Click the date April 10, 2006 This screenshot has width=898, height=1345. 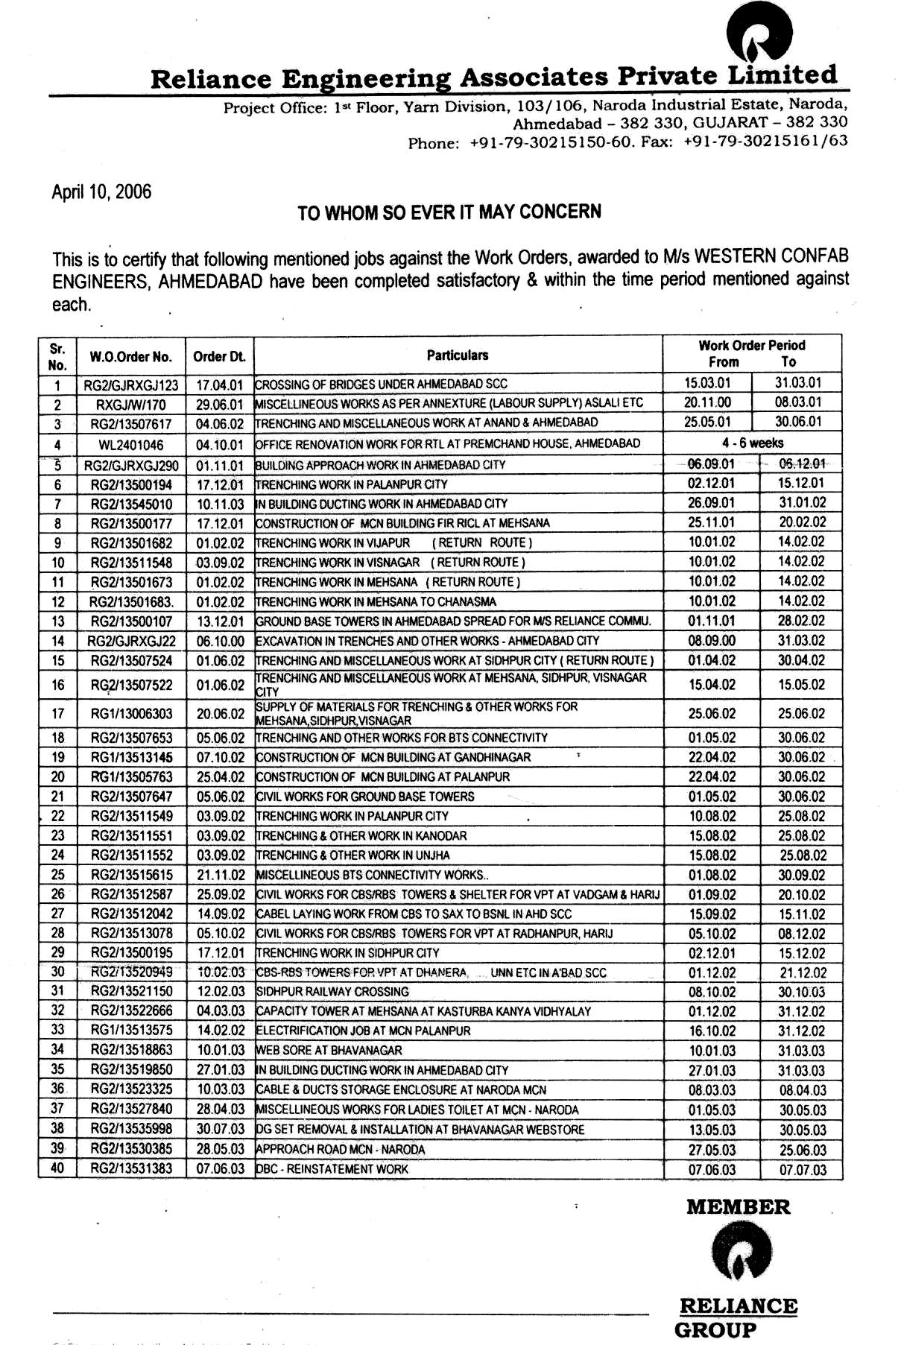pyautogui.click(x=101, y=192)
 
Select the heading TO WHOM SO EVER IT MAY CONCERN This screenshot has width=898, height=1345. pyautogui.click(x=449, y=212)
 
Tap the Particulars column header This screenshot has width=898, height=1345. pyautogui.click(x=458, y=355)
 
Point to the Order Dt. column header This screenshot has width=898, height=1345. pyautogui.click(x=219, y=357)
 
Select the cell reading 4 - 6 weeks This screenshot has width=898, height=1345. pyautogui.click(x=752, y=443)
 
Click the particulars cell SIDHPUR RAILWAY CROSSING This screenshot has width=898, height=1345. pyautogui.click(x=333, y=992)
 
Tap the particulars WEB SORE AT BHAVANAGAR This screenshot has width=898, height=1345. pyautogui.click(x=329, y=1051)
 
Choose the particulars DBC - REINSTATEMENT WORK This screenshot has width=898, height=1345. pyautogui.click(x=332, y=1169)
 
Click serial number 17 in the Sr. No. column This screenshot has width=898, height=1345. pyautogui.click(x=57, y=714)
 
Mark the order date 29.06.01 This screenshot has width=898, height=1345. pyautogui.click(x=220, y=405)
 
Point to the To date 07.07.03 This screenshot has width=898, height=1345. pyautogui.click(x=803, y=1170)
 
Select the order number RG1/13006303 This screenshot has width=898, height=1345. pyautogui.click(x=131, y=714)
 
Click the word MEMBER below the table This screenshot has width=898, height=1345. pyautogui.click(x=738, y=1207)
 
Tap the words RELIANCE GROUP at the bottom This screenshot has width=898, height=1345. pyautogui.click(x=737, y=1317)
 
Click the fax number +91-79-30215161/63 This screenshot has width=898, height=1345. pyautogui.click(x=765, y=141)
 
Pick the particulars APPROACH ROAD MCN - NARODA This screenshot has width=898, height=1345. pyautogui.click(x=341, y=1150)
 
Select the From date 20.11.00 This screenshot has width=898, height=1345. pyautogui.click(x=707, y=402)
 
